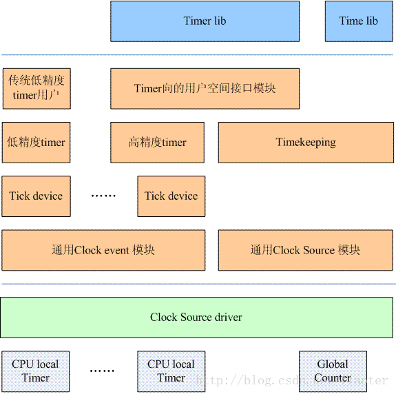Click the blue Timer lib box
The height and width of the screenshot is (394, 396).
coord(205,21)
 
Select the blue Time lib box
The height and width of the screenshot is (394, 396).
coord(358,21)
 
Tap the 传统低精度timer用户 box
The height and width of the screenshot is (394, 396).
coord(37,88)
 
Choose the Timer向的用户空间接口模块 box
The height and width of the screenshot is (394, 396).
coord(205,88)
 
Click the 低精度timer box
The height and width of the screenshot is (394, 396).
coord(37,143)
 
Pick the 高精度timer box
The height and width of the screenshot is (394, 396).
coord(157,143)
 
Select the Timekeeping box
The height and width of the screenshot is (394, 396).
coord(306,143)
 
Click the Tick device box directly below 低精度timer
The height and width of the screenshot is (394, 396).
coord(36,196)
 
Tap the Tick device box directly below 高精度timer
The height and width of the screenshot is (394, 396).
coord(171,196)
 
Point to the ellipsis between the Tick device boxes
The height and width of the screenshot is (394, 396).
coord(103,196)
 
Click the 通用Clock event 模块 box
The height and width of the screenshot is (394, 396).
coord(103,250)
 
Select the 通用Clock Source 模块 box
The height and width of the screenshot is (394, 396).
coord(306,250)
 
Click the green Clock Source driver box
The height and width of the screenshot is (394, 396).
coord(197,318)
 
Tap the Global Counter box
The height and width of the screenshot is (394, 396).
coord(333,371)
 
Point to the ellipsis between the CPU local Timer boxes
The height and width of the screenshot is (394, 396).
coord(103,371)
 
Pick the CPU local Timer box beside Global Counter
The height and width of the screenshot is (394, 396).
coord(171,371)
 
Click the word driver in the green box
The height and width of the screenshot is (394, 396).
coord(227,318)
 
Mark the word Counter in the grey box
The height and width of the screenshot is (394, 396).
coord(333,378)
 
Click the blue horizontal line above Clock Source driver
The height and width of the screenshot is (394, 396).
coord(198,284)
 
